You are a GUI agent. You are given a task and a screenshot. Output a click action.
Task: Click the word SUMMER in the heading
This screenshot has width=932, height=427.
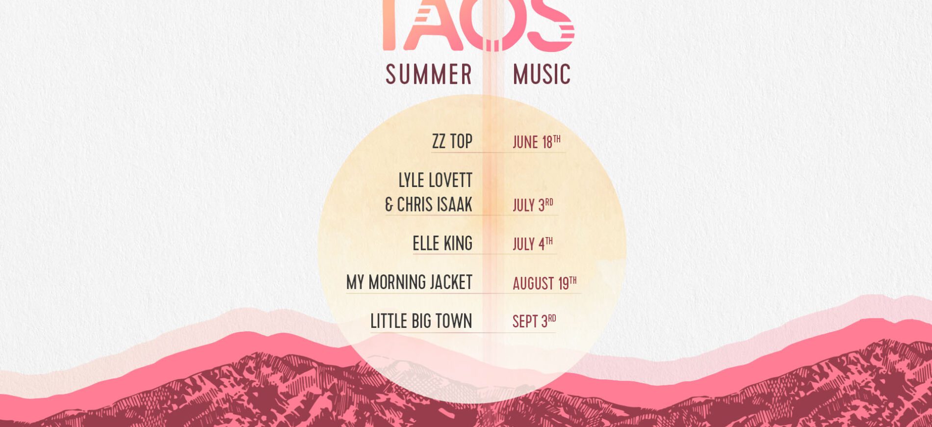pyautogui.click(x=429, y=75)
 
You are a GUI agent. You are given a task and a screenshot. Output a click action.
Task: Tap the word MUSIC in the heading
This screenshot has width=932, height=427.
pyautogui.click(x=542, y=75)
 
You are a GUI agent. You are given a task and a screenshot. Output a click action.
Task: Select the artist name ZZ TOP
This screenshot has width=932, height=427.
pyautogui.click(x=452, y=141)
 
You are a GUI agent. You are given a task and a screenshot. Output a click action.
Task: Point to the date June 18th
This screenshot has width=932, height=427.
pyautogui.click(x=537, y=142)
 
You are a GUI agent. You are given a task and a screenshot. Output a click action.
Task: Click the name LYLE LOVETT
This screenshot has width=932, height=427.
pyautogui.click(x=435, y=180)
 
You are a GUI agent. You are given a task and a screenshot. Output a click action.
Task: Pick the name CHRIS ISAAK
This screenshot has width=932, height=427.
pyautogui.click(x=435, y=205)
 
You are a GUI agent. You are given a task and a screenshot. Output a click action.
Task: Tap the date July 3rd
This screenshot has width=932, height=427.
pyautogui.click(x=533, y=205)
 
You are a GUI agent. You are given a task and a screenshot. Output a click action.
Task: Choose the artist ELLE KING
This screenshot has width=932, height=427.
pyautogui.click(x=442, y=243)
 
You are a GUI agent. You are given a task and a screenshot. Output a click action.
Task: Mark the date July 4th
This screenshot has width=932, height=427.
pyautogui.click(x=533, y=243)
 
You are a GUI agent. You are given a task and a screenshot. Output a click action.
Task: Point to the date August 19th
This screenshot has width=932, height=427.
pyautogui.click(x=544, y=283)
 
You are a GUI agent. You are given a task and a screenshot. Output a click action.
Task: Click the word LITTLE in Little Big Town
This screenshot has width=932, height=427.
pyautogui.click(x=388, y=321)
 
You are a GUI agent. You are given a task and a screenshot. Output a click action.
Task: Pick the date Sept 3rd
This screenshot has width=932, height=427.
pyautogui.click(x=534, y=321)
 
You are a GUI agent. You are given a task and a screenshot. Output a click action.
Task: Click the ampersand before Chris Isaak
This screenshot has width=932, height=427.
pyautogui.click(x=389, y=205)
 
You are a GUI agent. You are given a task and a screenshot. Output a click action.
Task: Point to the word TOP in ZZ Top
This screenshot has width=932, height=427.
pyautogui.click(x=461, y=141)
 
